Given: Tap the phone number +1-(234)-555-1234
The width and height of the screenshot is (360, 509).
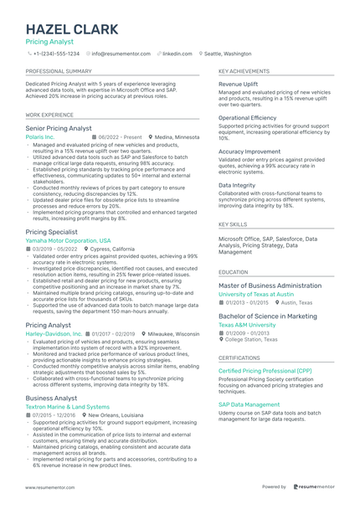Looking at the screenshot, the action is coord(56,53).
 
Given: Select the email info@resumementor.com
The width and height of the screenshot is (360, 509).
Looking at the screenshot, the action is coord(121,53).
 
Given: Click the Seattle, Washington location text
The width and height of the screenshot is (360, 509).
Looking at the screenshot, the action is coord(228,53).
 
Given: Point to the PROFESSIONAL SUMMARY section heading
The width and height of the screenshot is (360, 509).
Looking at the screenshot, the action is coord(58,72).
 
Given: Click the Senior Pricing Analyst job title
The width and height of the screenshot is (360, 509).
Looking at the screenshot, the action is coord(59,128).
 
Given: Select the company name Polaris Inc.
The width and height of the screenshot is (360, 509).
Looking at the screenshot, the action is coord(40,136).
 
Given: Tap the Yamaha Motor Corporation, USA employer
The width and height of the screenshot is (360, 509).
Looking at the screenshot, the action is coord(68,240).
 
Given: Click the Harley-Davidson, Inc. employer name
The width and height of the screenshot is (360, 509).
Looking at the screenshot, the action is coord(54,333).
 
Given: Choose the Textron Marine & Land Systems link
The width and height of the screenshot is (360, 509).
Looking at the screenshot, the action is coord(67,407).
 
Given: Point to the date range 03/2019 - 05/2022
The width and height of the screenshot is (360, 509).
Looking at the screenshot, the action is coord(54,249).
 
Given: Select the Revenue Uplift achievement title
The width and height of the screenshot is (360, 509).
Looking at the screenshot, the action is coord(238,85).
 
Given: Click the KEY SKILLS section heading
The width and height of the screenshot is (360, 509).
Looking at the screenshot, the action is coord(233,224).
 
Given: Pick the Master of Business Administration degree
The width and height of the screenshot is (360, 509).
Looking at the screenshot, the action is coord(270,285).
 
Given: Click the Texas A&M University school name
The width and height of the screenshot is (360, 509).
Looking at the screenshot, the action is coord(247,325).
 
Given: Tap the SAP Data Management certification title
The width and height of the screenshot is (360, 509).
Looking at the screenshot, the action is coord(250,405).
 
